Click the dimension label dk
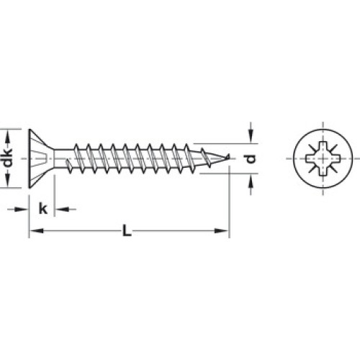coord(9,158)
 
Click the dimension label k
coord(43,208)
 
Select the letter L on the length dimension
coord(127,230)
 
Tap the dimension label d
coord(251,159)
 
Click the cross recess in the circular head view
coord(323,158)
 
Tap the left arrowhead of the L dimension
coord(36,231)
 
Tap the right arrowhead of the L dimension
coord(222,231)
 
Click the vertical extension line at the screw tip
coord(230,202)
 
